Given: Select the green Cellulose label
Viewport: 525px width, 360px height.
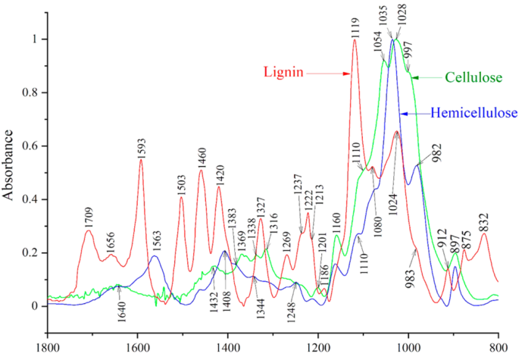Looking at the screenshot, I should point(473,77).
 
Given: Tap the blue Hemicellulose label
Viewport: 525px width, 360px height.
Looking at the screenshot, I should point(474,114).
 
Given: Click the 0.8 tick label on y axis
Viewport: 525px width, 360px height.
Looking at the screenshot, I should point(33,93).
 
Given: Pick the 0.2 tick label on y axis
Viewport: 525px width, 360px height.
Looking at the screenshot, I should point(33,253).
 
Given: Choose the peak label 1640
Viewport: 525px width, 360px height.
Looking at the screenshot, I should point(118,315).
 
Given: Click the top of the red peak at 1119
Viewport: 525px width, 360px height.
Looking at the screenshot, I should point(354,40).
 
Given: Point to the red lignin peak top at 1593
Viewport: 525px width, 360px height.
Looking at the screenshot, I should point(141,159).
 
